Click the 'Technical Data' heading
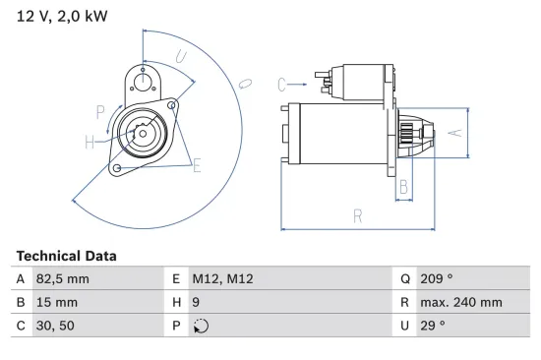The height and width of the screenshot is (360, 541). (x=66, y=256)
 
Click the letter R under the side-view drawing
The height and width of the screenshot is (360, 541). (x=357, y=216)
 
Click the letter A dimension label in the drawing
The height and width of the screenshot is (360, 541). (x=453, y=130)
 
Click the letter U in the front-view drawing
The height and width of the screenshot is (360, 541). (x=181, y=57)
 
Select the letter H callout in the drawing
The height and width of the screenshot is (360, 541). (x=90, y=143)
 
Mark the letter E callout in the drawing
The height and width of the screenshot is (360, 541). (x=196, y=165)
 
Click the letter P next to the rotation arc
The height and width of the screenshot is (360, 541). (x=100, y=110)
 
